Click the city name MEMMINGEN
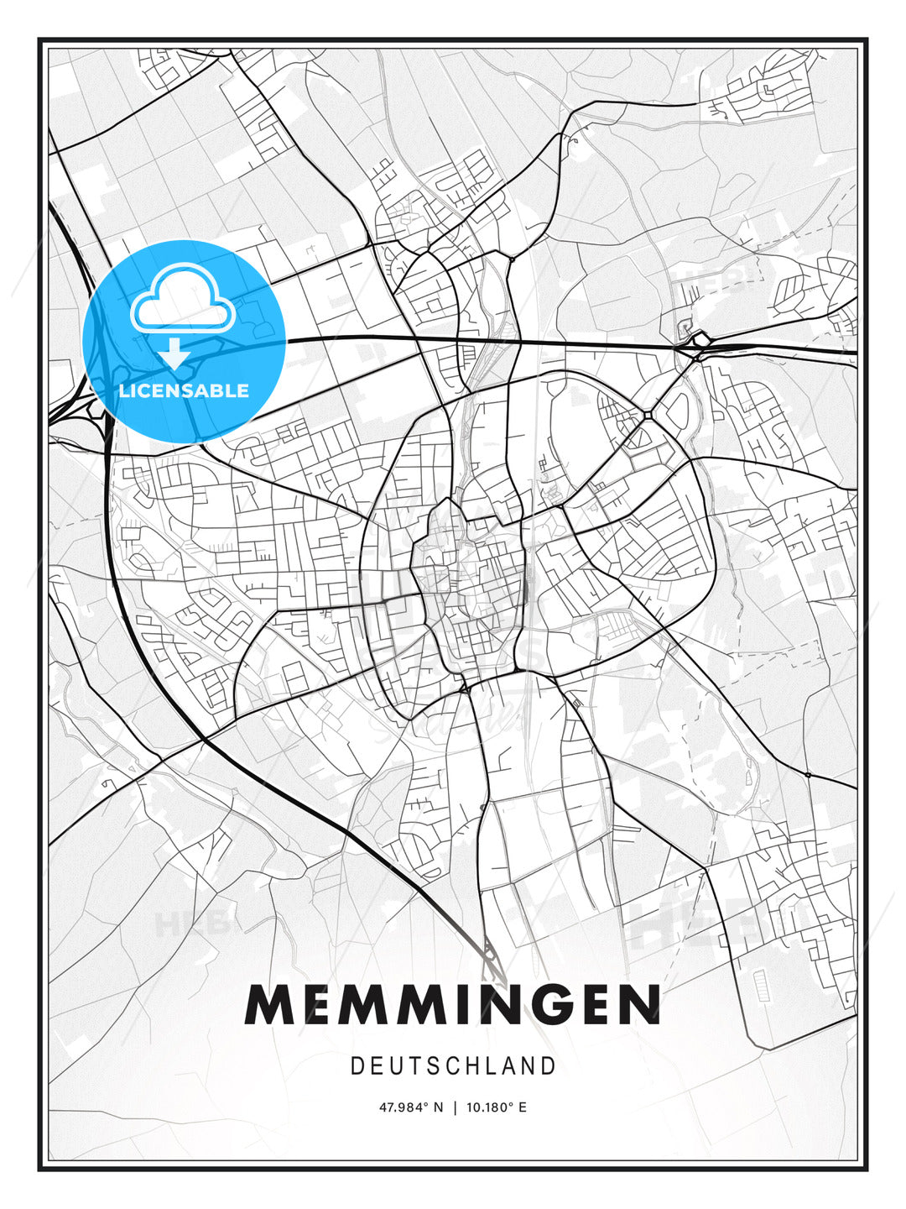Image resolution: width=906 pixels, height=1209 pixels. click(x=453, y=1005)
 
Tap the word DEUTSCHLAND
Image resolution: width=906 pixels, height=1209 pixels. click(x=453, y=1066)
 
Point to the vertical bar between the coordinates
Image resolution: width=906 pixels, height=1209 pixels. click(x=454, y=1107)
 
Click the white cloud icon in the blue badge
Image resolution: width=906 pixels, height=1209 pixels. click(x=181, y=298)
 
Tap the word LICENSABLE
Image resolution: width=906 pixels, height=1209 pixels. click(x=184, y=390)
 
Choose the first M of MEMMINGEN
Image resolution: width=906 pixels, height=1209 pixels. click(x=271, y=1005)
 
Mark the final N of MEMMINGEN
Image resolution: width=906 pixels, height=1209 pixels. click(x=637, y=1005)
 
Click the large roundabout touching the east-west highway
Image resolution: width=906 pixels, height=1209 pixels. click(x=700, y=342)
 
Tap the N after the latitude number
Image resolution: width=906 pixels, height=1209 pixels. click(x=437, y=1107)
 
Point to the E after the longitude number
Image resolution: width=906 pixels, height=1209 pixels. click(x=523, y=1107)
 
